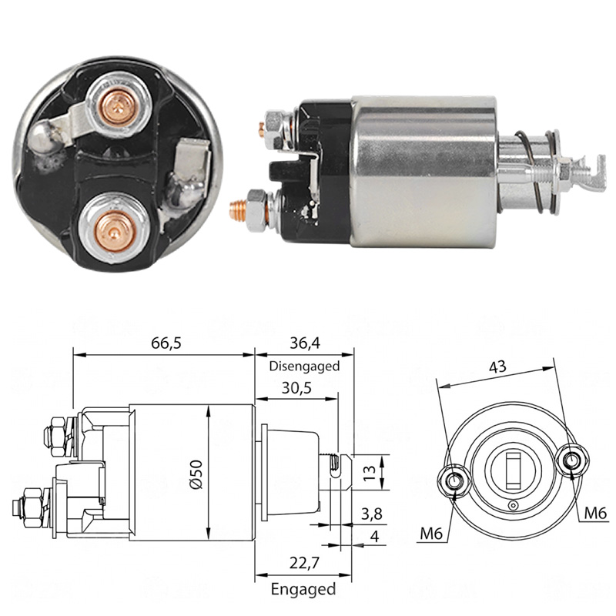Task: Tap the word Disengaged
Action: tap(304, 367)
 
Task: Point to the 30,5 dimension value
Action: tap(296, 388)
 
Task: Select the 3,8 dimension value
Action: tap(371, 514)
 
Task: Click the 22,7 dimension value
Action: tap(304, 564)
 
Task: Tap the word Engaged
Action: tap(303, 589)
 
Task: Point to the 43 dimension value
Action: tap(497, 367)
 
